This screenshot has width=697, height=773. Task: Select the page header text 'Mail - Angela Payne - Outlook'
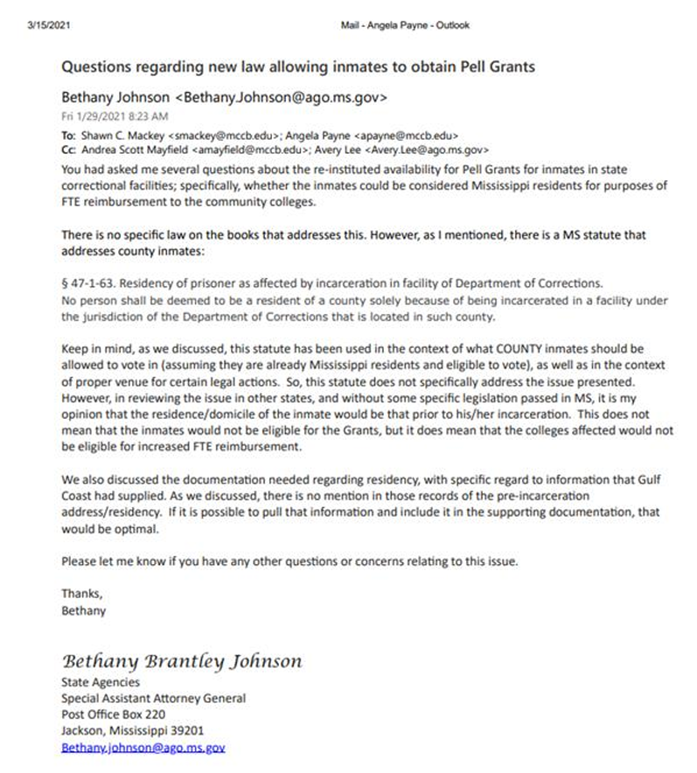(x=404, y=25)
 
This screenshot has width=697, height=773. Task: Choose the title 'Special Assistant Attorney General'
(x=153, y=699)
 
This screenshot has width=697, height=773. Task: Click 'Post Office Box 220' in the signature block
(x=110, y=714)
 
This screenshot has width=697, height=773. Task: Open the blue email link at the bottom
(x=143, y=748)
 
